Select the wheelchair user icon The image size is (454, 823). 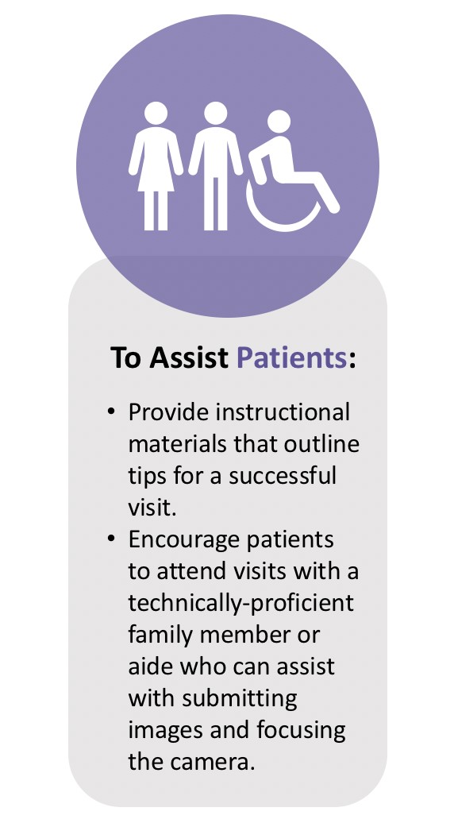(x=290, y=171)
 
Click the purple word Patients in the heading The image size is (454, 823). (x=292, y=357)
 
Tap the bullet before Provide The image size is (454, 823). (x=111, y=413)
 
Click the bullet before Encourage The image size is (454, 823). (x=111, y=539)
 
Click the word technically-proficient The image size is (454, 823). (x=240, y=603)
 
